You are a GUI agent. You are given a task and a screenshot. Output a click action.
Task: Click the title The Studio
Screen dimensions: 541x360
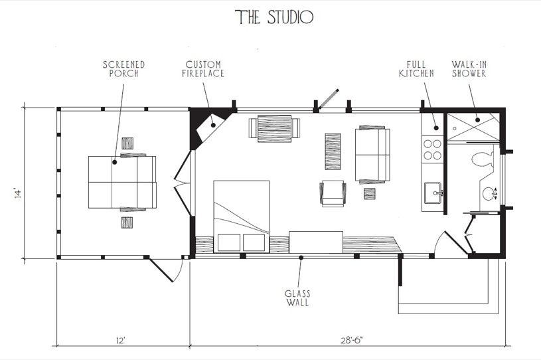(x=274, y=17)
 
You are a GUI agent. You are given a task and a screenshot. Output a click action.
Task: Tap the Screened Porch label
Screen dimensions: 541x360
(x=124, y=69)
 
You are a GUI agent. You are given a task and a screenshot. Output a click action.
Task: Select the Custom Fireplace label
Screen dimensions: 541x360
(x=203, y=69)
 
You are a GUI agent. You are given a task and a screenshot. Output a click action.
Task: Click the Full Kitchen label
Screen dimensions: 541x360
(x=416, y=69)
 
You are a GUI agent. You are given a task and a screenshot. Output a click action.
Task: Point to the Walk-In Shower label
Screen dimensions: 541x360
(x=469, y=69)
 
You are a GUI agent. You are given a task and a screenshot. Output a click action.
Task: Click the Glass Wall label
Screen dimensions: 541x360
(x=297, y=298)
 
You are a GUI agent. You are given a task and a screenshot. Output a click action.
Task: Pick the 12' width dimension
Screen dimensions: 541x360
(x=120, y=341)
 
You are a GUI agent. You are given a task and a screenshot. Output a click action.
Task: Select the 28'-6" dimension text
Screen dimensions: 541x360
(x=352, y=341)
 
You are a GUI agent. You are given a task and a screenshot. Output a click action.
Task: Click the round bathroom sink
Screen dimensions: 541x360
(x=488, y=194)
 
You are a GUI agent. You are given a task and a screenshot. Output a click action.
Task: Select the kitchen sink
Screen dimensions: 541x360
(x=433, y=193)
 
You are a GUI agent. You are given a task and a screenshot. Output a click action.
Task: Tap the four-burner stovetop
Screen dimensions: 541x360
(x=432, y=149)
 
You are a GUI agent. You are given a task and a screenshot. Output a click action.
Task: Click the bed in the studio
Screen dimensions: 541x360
(x=241, y=217)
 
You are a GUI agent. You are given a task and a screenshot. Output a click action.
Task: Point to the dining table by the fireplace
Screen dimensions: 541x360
(x=275, y=128)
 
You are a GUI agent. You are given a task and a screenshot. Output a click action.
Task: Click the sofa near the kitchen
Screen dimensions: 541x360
(x=372, y=155)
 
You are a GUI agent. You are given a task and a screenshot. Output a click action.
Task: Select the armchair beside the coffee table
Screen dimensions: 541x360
(x=333, y=193)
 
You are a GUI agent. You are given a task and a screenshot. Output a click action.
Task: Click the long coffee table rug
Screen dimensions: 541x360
(x=333, y=151)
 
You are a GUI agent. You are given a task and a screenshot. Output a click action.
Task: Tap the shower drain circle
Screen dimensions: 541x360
(x=455, y=128)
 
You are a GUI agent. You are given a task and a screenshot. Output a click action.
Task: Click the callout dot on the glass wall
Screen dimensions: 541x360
(x=301, y=258)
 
